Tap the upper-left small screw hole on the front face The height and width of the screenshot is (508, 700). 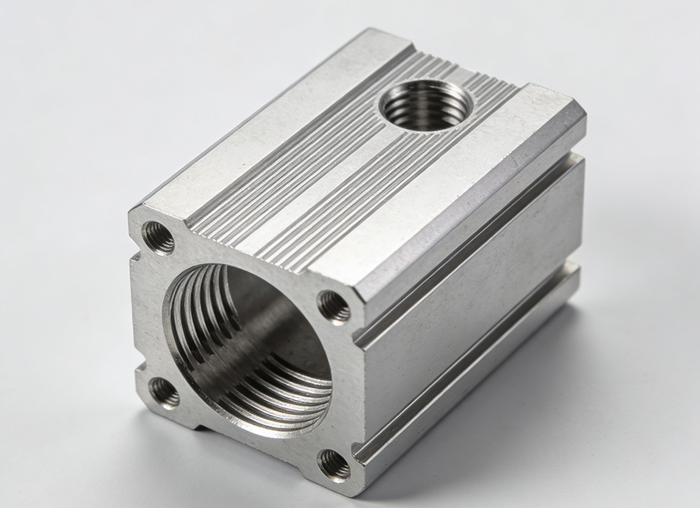click(160, 238)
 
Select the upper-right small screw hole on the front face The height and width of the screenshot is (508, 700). click(335, 306)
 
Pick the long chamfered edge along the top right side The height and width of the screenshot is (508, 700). click(474, 210)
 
